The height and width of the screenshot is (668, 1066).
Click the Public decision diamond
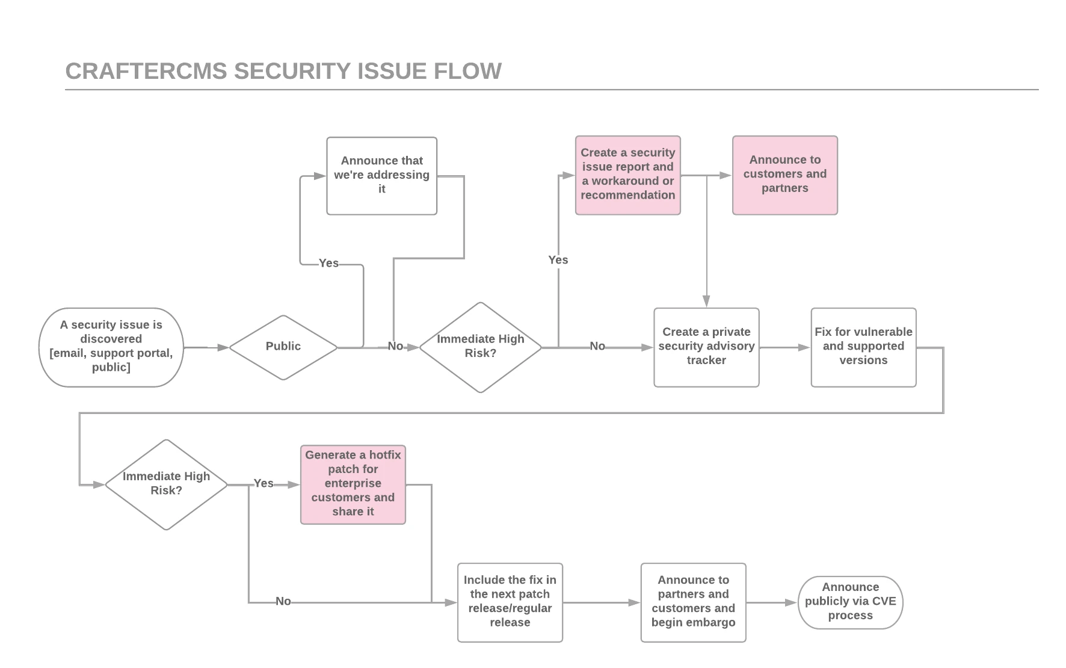[283, 347]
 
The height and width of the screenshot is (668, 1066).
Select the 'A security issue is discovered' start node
[111, 347]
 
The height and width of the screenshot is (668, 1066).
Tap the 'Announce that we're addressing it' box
[381, 175]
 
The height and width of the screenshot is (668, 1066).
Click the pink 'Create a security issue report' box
[627, 175]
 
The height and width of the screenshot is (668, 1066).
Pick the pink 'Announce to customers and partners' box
[784, 175]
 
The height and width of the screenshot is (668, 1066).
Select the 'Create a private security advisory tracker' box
[706, 347]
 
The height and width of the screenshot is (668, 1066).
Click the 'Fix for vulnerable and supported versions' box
[863, 347]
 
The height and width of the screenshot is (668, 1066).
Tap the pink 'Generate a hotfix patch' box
[353, 484]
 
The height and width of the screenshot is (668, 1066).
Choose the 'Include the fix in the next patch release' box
[510, 602]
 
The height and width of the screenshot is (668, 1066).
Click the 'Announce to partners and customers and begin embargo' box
[693, 602]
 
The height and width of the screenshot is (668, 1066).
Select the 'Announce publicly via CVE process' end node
[850, 602]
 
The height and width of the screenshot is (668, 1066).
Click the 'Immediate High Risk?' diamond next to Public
[480, 347]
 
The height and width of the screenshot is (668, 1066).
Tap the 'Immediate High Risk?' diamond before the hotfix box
[166, 484]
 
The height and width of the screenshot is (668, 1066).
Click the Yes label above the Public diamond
[328, 263]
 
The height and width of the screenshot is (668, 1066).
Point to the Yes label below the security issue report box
[558, 260]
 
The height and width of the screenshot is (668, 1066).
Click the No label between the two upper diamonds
[395, 346]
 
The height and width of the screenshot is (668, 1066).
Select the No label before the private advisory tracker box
[597, 346]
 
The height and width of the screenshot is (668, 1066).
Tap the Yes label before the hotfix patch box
[263, 483]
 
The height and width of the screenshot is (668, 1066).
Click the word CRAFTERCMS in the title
[146, 71]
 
